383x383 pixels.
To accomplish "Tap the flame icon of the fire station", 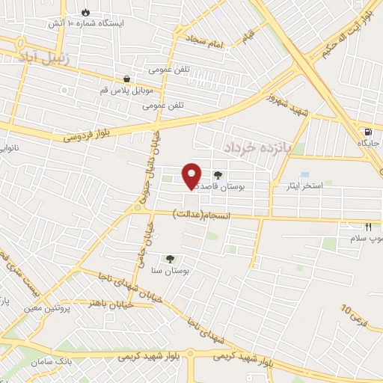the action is tap(85, 13).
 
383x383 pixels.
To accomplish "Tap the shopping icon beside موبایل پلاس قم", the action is tap(126, 79).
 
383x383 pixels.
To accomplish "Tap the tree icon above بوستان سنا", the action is tap(169, 258).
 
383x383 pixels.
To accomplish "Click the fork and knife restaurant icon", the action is tap(368, 226).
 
